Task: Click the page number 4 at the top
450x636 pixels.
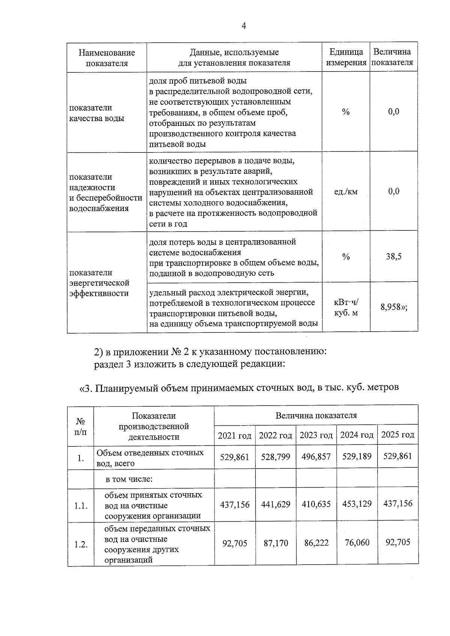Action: pos(244,26)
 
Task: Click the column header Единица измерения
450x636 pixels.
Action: pos(346,57)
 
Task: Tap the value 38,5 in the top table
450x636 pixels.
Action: pos(394,257)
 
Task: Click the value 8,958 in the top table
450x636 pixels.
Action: pos(394,307)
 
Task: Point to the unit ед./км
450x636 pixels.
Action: pos(346,192)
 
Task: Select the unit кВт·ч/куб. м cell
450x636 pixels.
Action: pos(346,307)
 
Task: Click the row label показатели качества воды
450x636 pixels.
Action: pos(97,113)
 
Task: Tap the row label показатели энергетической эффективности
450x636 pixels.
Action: pos(99,283)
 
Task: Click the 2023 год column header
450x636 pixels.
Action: pos(316,435)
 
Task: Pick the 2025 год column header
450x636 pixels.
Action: pos(397,435)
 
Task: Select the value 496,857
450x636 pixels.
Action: pos(316,456)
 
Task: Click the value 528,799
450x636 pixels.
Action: pos(276,457)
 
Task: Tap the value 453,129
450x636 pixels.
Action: pos(357,504)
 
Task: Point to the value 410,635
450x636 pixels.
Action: pos(316,504)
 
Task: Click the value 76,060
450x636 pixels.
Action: pos(357,542)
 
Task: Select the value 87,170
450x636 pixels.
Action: pos(276,543)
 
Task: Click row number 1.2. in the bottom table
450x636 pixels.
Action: pos(81,545)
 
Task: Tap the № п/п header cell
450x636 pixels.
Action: pos(80,426)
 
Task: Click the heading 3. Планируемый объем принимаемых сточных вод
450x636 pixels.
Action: pos(238,388)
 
